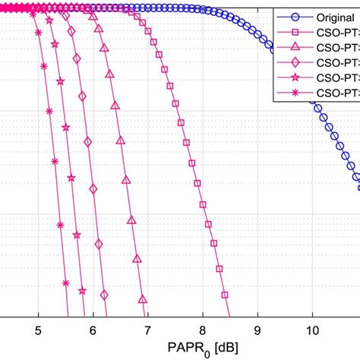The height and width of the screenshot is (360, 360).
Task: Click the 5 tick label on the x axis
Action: click(38, 330)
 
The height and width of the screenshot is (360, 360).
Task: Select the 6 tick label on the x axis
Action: click(93, 330)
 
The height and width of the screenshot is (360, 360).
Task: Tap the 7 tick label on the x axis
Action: click(147, 330)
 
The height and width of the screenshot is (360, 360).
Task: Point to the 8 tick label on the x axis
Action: click(202, 330)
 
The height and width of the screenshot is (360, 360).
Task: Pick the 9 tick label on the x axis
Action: click(257, 330)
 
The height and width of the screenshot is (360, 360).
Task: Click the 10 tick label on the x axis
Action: click(311, 330)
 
